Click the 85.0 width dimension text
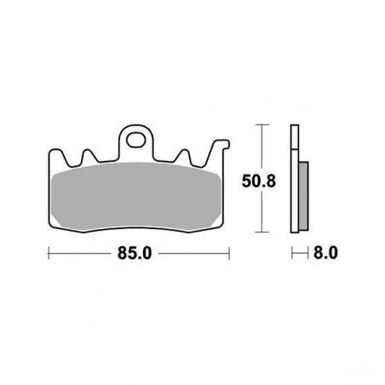click(139, 253)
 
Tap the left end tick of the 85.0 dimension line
click(49, 253)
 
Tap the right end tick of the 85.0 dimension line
click(230, 253)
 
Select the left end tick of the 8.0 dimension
click(291, 253)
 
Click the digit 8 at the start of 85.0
click(124, 253)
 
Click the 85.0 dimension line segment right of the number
click(196, 253)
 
